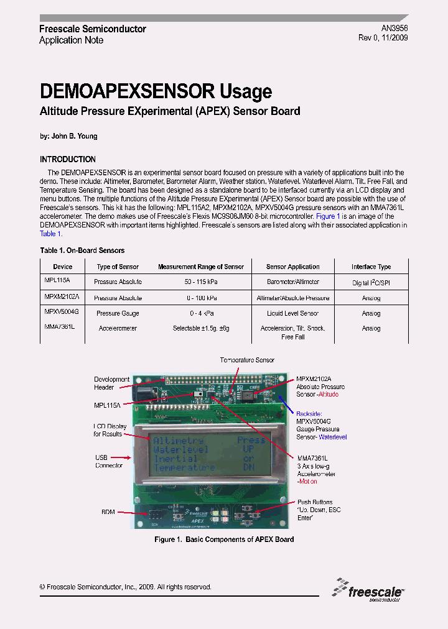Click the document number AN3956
click(x=394, y=29)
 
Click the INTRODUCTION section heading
click(x=68, y=159)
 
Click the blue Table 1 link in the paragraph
click(x=50, y=234)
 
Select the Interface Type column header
click(x=371, y=267)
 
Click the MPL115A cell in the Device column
click(x=57, y=281)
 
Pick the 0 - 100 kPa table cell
click(x=201, y=298)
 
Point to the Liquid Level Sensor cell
click(x=292, y=313)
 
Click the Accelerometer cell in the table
click(x=118, y=328)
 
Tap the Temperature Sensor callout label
click(x=247, y=360)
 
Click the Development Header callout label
click(x=112, y=383)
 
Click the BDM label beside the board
click(x=108, y=512)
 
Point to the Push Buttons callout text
click(x=315, y=502)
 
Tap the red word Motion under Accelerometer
click(x=307, y=481)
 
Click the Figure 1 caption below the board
click(x=224, y=539)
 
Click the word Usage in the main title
click(x=246, y=92)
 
